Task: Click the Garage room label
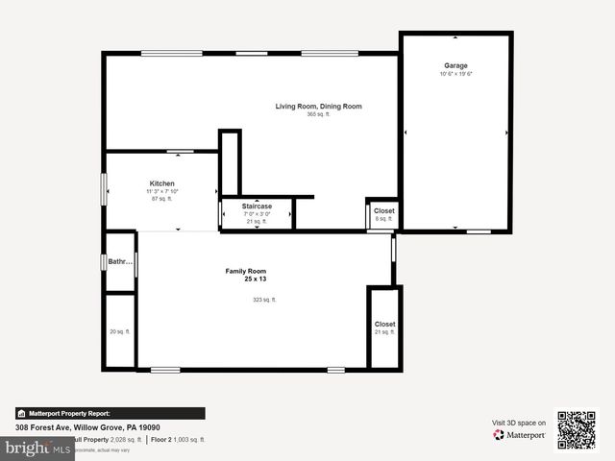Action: click(x=455, y=65)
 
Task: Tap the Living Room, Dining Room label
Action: click(x=318, y=106)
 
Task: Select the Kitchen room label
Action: click(x=161, y=183)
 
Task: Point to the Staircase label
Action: click(x=257, y=206)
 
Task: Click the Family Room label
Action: click(x=246, y=271)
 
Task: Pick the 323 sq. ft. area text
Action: click(x=264, y=300)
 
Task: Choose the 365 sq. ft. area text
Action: click(x=318, y=114)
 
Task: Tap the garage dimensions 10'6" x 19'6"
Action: click(x=456, y=74)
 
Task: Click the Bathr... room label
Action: click(x=119, y=260)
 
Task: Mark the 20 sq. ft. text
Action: click(x=119, y=332)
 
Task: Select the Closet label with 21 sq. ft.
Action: click(x=384, y=324)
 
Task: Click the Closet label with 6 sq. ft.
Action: click(x=383, y=210)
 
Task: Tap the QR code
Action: click(x=577, y=430)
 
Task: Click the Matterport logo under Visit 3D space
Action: click(x=520, y=435)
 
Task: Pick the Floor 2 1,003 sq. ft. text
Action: click(x=178, y=439)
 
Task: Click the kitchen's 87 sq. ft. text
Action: click(x=161, y=199)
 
